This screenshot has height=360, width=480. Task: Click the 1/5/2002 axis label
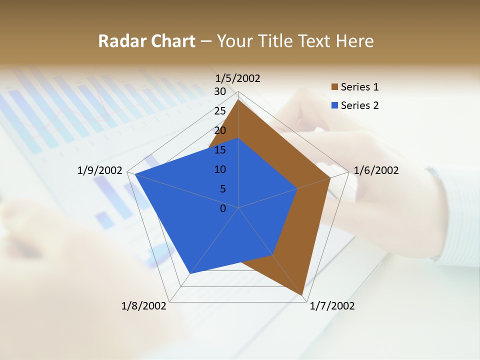pos(238,78)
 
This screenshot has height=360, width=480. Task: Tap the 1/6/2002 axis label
pos(376,170)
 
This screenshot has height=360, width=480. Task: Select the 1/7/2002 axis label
pos(332,306)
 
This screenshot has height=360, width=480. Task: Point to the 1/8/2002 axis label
pos(144,306)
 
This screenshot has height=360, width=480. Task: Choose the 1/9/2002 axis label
pos(100,170)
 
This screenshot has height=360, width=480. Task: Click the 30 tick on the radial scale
pos(220,91)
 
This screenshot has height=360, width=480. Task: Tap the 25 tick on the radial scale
pos(220,111)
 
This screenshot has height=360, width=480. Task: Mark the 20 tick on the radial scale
pos(220,130)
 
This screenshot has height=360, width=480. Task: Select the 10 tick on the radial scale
pos(220,169)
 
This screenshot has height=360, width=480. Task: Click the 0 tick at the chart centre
pos(223,208)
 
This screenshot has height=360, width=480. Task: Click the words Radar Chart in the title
pos(146,41)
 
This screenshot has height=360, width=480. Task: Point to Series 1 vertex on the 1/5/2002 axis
pos(238,99)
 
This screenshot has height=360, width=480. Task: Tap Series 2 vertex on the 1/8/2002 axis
pos(190,273)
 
